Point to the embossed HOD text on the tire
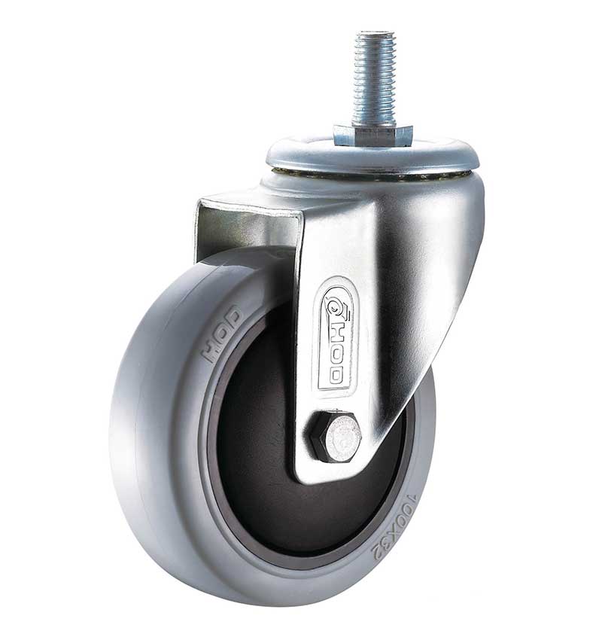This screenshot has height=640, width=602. pos(222,334)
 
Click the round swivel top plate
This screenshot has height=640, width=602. pos(372,156)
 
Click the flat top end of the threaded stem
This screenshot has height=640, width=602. pos(375,32)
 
